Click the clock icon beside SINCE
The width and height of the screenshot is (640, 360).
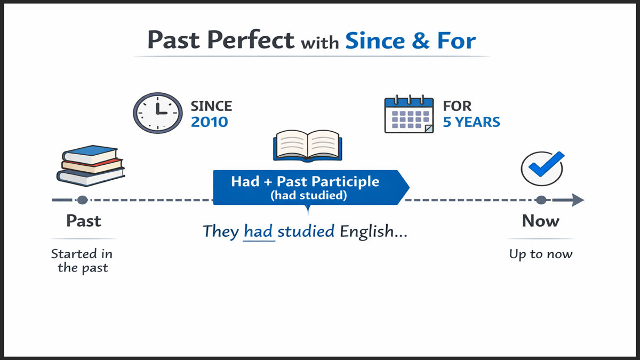pyautogui.click(x=158, y=113)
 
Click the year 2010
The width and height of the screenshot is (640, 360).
pyautogui.click(x=209, y=122)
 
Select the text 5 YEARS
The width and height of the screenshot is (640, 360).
pyautogui.click(x=471, y=122)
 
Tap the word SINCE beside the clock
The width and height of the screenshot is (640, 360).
pyautogui.click(x=211, y=106)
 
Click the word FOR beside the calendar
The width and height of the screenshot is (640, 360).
pyautogui.click(x=457, y=106)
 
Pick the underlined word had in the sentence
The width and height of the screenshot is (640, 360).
pyautogui.click(x=259, y=231)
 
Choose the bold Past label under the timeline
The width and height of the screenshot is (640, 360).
pyautogui.click(x=83, y=221)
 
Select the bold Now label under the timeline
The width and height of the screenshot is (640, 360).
pyautogui.click(x=540, y=221)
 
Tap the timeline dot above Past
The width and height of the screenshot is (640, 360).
pyautogui.click(x=82, y=201)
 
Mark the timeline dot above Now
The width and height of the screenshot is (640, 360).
pyautogui.click(x=541, y=201)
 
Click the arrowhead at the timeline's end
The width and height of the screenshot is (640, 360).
pyautogui.click(x=578, y=201)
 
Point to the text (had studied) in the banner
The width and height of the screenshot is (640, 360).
pyautogui.click(x=308, y=196)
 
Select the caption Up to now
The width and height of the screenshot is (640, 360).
pyautogui.click(x=540, y=254)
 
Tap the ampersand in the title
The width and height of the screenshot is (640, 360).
pyautogui.click(x=420, y=41)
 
